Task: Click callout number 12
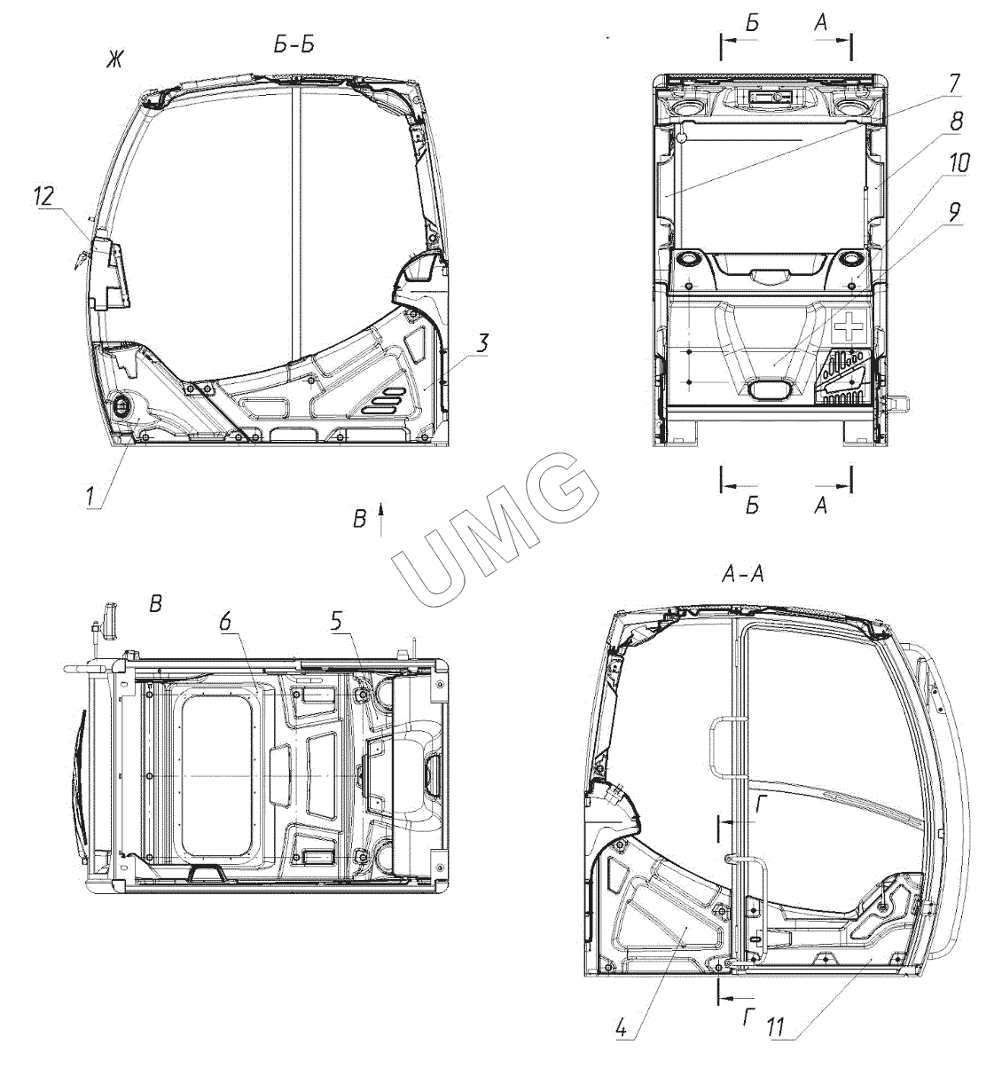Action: (44, 197)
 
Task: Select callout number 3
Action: (483, 344)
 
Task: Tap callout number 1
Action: (92, 497)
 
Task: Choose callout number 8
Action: (956, 122)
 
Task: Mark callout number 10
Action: (959, 163)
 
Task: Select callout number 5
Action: (335, 622)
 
